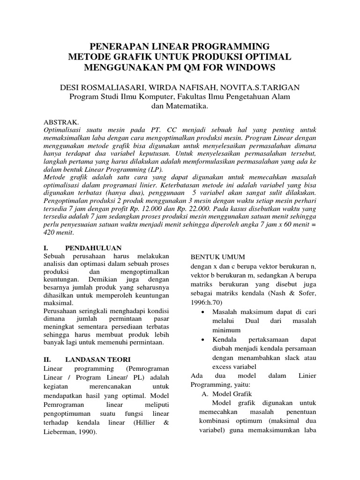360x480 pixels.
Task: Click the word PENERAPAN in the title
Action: pyautogui.click(x=120, y=46)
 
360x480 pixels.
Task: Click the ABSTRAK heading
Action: pyautogui.click(x=57, y=121)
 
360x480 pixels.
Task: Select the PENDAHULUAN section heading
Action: pyautogui.click(x=94, y=247)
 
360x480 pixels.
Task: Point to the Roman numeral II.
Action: pyautogui.click(x=47, y=360)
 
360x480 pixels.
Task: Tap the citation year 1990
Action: pyautogui.click(x=85, y=432)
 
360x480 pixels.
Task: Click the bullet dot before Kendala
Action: pyautogui.click(x=202, y=339)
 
